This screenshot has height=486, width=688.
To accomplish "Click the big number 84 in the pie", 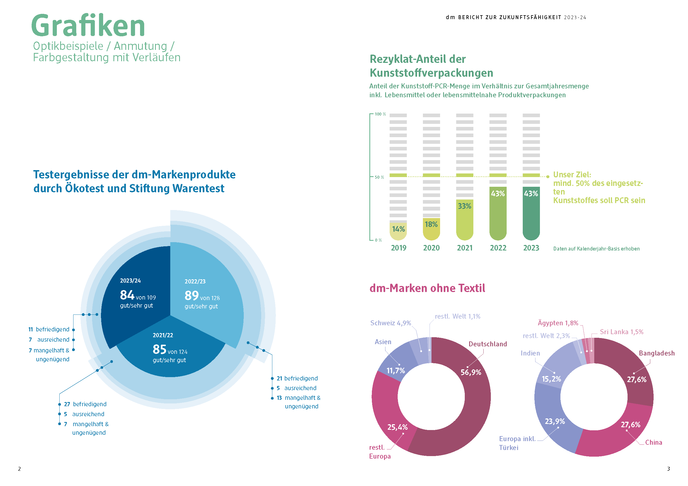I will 127,295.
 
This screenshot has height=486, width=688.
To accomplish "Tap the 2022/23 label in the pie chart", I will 195,282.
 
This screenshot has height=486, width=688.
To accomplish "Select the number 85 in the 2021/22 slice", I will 159,349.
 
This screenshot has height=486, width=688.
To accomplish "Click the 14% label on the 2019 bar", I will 398,229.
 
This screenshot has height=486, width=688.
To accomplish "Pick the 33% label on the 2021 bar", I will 464,206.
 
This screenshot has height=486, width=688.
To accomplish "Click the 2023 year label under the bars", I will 531,248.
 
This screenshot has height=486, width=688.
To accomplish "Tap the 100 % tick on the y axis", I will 380,114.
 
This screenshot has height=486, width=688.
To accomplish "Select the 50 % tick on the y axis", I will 379,177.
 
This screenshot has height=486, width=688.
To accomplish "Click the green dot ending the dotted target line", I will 548,177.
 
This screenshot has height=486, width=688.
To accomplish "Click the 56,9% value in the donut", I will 471,372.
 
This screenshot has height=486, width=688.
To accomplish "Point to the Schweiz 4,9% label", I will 390,323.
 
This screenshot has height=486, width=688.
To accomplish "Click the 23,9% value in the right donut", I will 555,421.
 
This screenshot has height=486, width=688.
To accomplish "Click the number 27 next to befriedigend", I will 67,404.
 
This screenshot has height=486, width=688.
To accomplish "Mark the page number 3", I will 668,469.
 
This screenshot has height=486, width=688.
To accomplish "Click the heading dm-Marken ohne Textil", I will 427,288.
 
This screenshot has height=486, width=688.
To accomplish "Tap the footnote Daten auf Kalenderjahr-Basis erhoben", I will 596,249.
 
